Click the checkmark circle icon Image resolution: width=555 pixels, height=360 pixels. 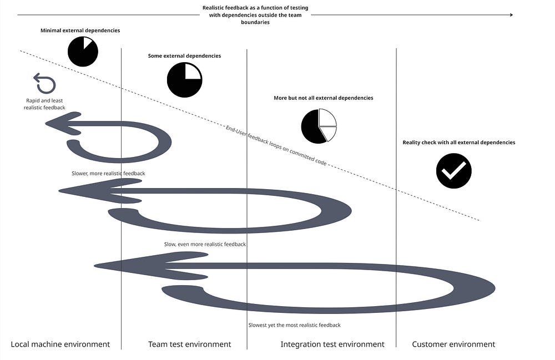point(453,171)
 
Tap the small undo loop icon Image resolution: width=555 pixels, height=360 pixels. point(44,83)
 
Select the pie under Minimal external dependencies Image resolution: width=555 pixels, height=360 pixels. point(83,52)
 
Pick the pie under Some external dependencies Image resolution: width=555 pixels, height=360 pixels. point(184,80)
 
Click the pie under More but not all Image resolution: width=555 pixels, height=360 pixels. point(319,126)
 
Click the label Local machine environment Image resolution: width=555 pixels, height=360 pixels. point(60,344)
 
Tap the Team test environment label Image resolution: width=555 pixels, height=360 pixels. point(189,344)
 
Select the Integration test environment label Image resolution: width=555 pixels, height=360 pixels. point(332,344)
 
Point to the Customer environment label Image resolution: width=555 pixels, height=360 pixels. point(453,344)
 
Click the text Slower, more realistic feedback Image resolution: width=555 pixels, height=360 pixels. point(108,174)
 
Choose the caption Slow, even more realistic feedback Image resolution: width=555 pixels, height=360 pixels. point(205,244)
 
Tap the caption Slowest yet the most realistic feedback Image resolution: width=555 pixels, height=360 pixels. point(294,325)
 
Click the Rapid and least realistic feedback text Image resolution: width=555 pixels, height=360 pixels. point(44,104)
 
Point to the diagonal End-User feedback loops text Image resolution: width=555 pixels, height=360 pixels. point(275,146)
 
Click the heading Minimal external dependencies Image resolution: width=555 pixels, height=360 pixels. point(80,31)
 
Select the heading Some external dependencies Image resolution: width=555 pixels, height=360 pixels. point(184,56)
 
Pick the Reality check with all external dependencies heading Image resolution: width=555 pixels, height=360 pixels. point(458,143)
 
